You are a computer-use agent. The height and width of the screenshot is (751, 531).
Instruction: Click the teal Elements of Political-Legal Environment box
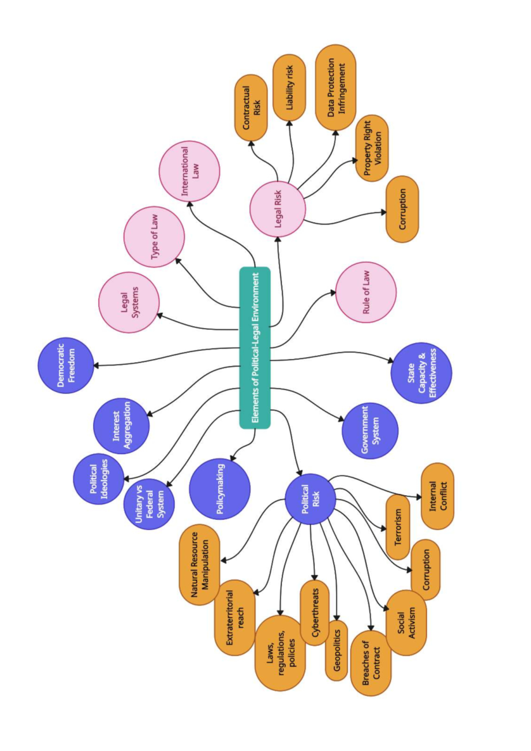click(x=255, y=348)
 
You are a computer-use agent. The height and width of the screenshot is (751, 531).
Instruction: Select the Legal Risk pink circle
click(x=277, y=209)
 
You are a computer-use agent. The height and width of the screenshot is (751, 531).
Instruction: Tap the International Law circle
click(x=189, y=171)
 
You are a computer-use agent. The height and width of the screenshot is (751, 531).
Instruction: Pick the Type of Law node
click(x=154, y=237)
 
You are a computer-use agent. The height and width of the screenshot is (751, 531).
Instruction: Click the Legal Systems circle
click(x=129, y=302)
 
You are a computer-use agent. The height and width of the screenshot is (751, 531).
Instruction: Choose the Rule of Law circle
click(x=366, y=292)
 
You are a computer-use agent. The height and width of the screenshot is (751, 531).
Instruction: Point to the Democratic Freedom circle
click(x=66, y=365)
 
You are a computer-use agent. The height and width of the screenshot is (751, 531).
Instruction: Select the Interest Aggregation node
click(x=121, y=426)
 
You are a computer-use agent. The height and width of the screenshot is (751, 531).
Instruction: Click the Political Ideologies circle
click(x=98, y=479)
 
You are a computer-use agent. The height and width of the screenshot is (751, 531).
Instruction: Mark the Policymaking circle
click(x=219, y=489)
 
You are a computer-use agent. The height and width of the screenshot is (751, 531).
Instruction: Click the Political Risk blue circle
click(x=310, y=499)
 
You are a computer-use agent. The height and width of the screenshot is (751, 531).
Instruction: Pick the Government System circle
click(x=370, y=430)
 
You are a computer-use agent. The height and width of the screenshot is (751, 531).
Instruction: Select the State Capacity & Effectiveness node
click(x=421, y=373)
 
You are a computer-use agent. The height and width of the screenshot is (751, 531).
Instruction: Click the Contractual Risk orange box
click(x=251, y=108)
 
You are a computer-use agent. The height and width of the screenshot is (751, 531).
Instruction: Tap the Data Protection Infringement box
click(x=336, y=87)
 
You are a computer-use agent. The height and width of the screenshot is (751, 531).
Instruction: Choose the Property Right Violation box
click(x=372, y=148)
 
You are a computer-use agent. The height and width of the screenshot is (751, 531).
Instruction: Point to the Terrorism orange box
click(x=398, y=527)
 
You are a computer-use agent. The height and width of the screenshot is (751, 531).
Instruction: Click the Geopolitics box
click(x=336, y=650)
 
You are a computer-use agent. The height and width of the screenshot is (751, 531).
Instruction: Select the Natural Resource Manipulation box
click(x=200, y=565)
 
